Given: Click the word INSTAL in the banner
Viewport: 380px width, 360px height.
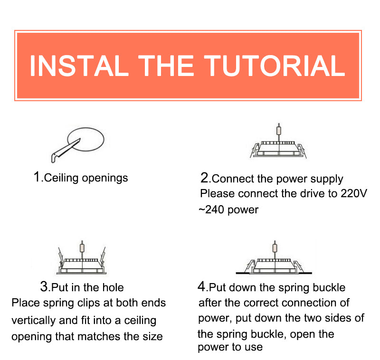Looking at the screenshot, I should (79, 66).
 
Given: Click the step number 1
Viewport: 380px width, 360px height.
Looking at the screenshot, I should (37, 177).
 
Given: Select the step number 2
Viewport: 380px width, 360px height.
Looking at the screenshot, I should (205, 178).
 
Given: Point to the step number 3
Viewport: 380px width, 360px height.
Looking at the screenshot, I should (45, 286).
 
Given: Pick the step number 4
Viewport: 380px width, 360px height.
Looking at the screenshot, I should (202, 286).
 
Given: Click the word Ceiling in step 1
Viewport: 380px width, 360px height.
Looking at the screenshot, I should (61, 178).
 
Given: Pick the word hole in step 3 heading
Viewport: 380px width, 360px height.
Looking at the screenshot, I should (113, 287).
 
